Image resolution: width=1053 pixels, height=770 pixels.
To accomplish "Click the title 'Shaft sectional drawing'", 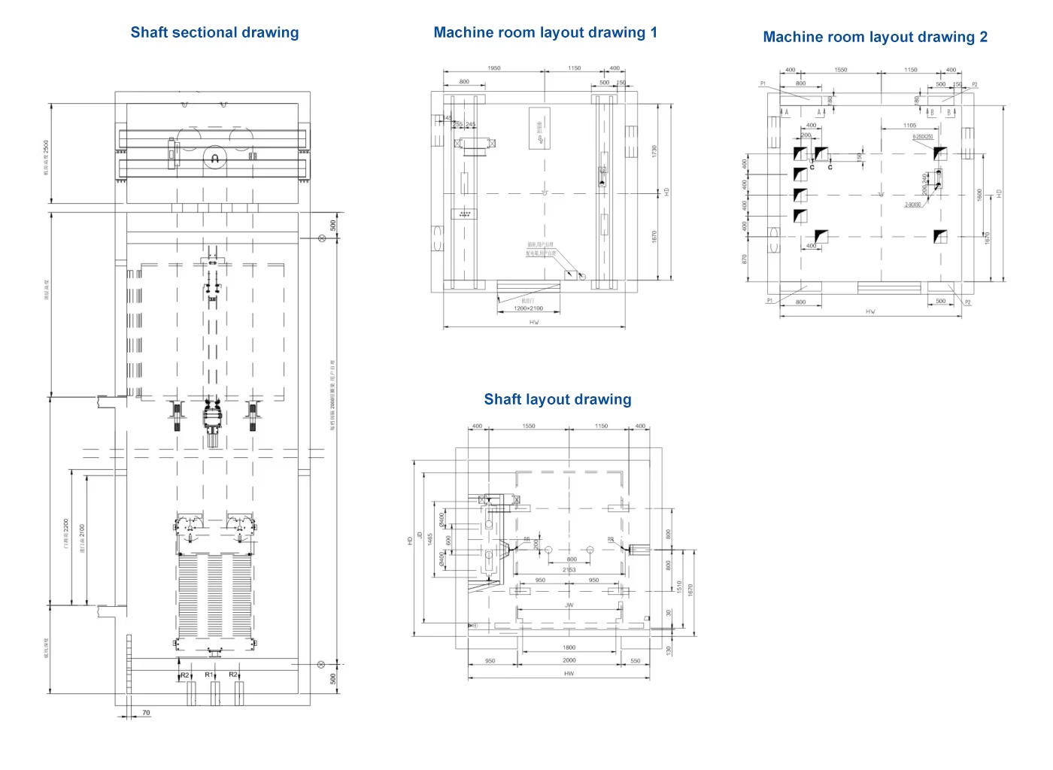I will pyautogui.click(x=214, y=32).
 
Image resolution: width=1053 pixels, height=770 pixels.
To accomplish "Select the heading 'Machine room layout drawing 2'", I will pyautogui.click(x=875, y=37).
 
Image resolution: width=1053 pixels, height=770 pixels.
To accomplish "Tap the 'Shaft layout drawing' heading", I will pyautogui.click(x=557, y=399).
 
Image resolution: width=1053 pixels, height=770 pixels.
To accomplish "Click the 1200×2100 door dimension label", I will pyautogui.click(x=528, y=308).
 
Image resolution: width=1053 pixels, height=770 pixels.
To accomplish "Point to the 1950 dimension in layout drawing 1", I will pyautogui.click(x=493, y=68).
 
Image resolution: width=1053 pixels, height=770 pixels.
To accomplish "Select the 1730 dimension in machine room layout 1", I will pyautogui.click(x=654, y=150).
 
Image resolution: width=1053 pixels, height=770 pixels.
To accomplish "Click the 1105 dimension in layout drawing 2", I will pyautogui.click(x=909, y=126).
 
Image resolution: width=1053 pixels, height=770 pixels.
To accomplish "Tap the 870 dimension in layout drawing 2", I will pyautogui.click(x=745, y=259).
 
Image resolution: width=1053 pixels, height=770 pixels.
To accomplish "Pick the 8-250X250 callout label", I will pyautogui.click(x=923, y=137).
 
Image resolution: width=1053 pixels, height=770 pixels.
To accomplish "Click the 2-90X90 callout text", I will pyautogui.click(x=912, y=205).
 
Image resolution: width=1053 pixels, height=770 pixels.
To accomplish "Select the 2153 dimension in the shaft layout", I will pyautogui.click(x=569, y=570).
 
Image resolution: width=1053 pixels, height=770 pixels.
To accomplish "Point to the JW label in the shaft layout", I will pyautogui.click(x=569, y=605).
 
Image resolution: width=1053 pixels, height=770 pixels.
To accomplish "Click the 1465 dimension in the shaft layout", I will pyautogui.click(x=430, y=538).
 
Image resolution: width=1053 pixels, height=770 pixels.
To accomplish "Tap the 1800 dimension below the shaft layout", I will pyautogui.click(x=569, y=647).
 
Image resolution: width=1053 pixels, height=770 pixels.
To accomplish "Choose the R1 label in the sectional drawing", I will pyautogui.click(x=209, y=675).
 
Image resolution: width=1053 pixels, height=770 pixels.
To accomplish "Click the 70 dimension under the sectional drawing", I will pyautogui.click(x=146, y=712).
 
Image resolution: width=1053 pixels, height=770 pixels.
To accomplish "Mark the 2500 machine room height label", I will pyautogui.click(x=46, y=156).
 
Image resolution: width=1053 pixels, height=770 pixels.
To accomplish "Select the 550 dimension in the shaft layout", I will pyautogui.click(x=636, y=661).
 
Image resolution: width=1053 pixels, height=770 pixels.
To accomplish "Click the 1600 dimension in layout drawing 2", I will pyautogui.click(x=979, y=194).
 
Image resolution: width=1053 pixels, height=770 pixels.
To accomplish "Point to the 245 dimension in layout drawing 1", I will pyautogui.click(x=470, y=124).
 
